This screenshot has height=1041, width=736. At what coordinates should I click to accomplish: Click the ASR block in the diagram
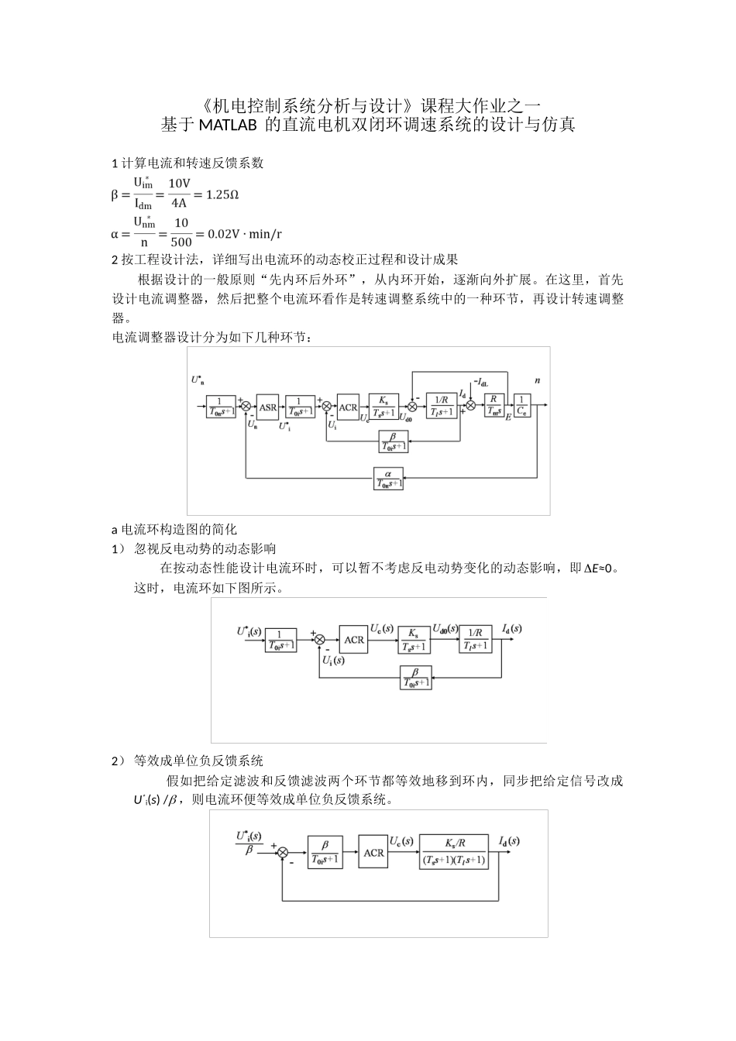coord(268,407)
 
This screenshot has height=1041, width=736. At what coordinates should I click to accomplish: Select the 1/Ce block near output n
coord(523,406)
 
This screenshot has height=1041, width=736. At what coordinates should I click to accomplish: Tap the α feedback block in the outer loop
coord(388,479)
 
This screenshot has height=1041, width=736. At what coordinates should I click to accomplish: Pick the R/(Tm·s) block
coord(494,406)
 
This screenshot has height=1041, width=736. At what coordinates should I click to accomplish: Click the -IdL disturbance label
coord(480,382)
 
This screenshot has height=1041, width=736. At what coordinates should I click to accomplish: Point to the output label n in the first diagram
coord(537,380)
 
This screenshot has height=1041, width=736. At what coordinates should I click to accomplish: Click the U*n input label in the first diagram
coord(198,380)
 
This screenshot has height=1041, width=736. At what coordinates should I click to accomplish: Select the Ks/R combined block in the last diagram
coord(454,852)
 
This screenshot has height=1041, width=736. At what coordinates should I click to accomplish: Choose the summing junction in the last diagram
coord(283,853)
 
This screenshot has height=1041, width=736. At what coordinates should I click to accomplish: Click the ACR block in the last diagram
coord(373,852)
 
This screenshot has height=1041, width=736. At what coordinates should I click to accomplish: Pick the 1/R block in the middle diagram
coord(475,638)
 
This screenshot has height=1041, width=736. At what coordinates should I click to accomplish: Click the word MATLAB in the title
coord(229,125)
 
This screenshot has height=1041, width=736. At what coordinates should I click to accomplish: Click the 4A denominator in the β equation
coord(179,204)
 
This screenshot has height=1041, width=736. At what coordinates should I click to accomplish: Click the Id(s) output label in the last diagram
coord(509,840)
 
